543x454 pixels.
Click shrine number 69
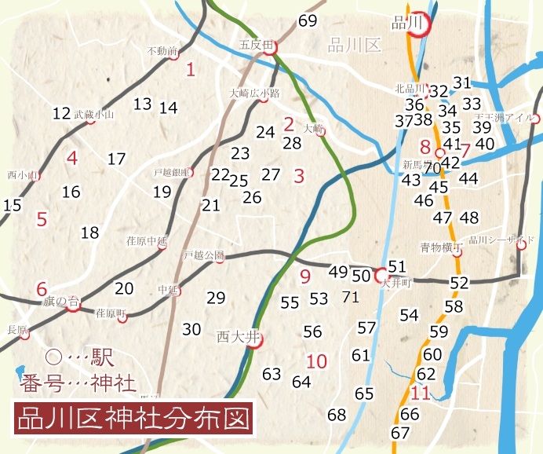pyautogui.click(x=308, y=20)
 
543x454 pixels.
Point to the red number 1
pyautogui.click(x=191, y=70)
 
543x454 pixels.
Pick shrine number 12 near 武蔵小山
pyautogui.click(x=62, y=113)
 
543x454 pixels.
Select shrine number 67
pyautogui.click(x=400, y=433)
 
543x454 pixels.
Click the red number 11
pyautogui.click(x=421, y=394)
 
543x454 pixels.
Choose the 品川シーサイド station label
pyautogui.click(x=490, y=240)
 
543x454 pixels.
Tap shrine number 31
pyautogui.click(x=461, y=83)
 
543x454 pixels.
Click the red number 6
pyautogui.click(x=42, y=288)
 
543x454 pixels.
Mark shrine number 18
pyautogui.click(x=90, y=232)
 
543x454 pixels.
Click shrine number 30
pyautogui.click(x=191, y=329)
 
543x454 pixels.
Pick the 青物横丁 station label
pyautogui.click(x=435, y=247)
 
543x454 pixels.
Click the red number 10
pyautogui.click(x=317, y=362)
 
